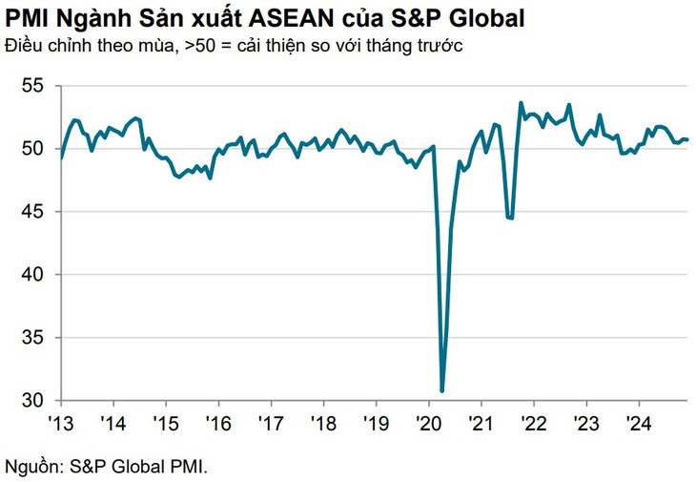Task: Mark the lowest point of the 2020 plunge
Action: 441,390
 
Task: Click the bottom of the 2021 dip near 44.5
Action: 511,219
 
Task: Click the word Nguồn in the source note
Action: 30,467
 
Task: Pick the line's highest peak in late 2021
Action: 521,103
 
